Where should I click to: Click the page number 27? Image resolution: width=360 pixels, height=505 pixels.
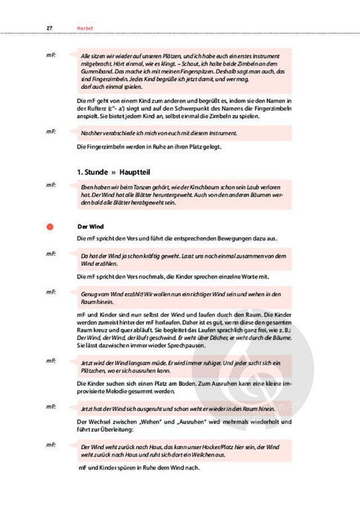(49, 28)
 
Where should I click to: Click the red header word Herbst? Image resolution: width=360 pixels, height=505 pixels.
(84, 28)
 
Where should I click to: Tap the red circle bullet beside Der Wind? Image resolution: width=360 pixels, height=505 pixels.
(50, 227)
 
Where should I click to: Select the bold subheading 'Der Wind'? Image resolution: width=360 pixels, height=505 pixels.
(87, 226)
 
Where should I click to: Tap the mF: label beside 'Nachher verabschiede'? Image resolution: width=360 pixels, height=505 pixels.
(51, 132)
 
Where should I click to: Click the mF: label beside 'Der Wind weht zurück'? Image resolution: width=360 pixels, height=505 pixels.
(51, 445)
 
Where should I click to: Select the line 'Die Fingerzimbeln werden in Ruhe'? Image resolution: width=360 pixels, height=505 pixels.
(149, 147)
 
